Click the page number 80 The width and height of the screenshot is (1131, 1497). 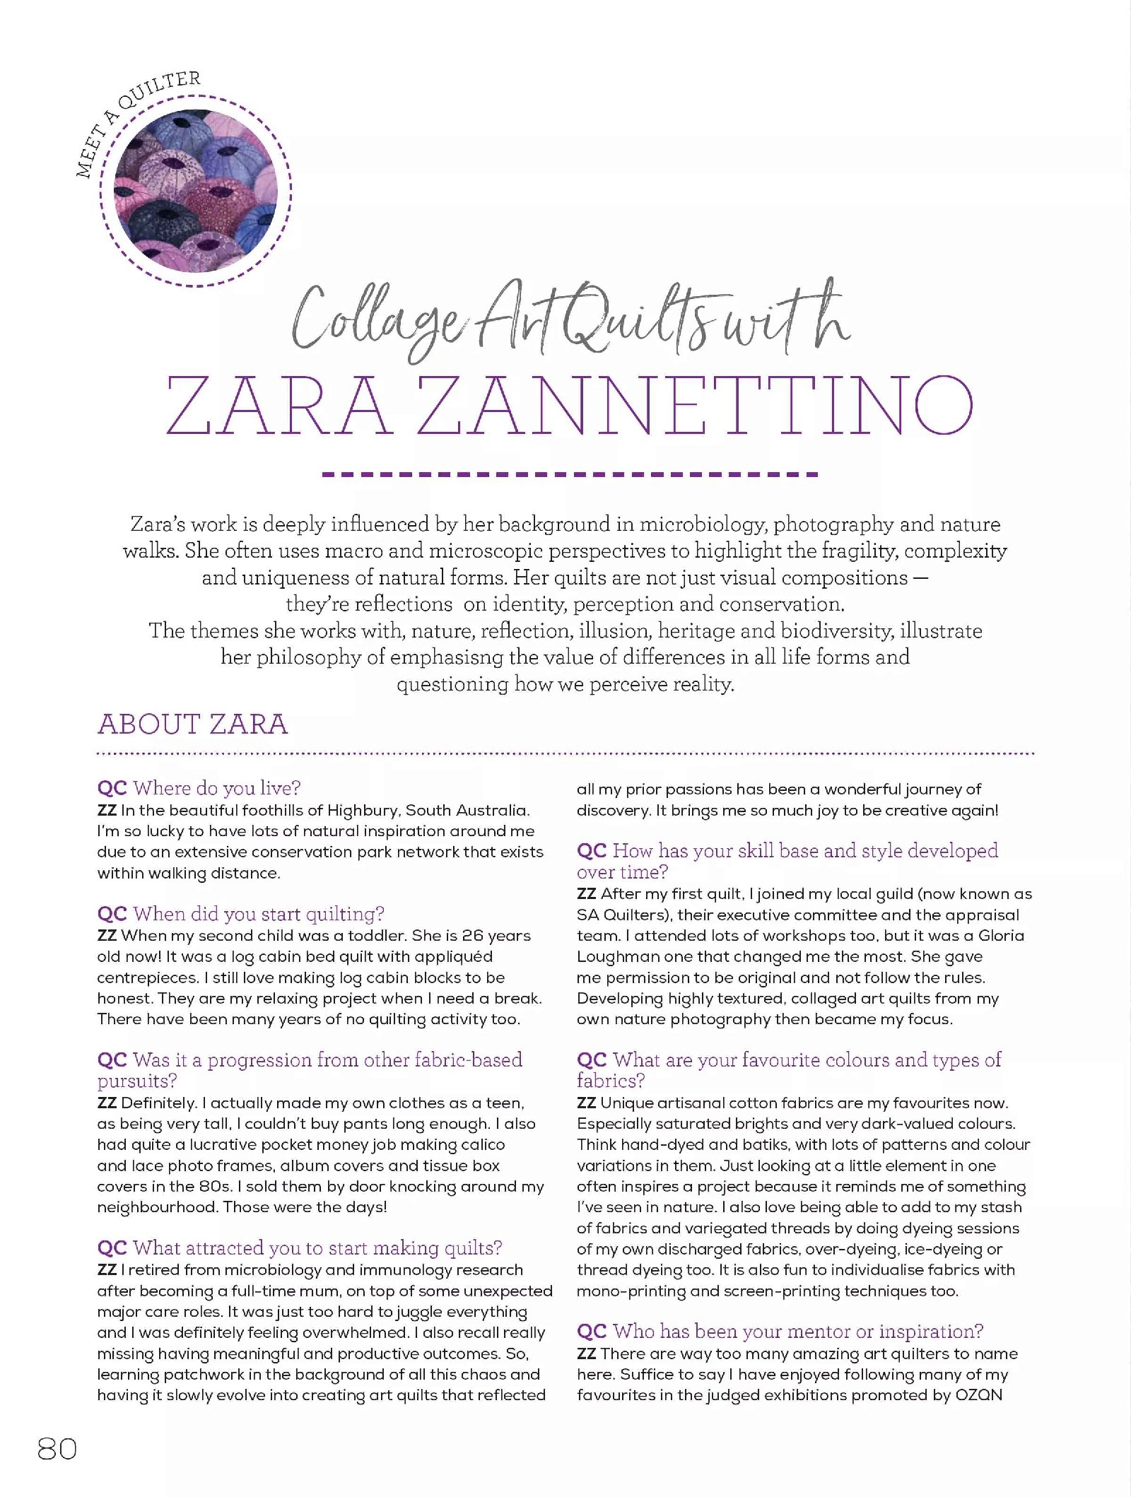[57, 1449]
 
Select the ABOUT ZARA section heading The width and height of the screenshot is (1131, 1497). [193, 724]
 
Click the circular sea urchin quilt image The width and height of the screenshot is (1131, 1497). [196, 192]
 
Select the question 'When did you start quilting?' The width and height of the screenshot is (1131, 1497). [258, 914]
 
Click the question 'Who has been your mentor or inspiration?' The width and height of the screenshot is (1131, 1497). [797, 1332]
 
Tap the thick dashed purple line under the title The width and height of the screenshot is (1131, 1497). [570, 474]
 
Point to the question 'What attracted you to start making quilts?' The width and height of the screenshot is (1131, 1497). [317, 1248]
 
